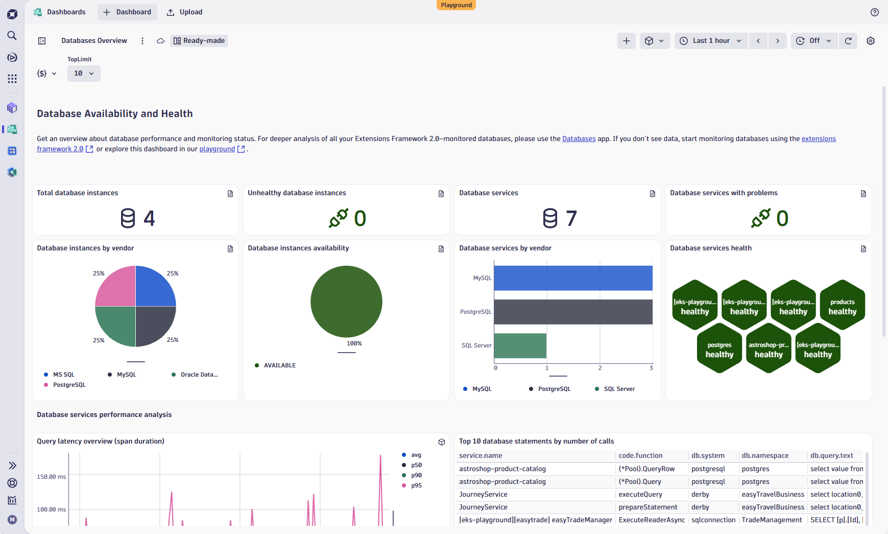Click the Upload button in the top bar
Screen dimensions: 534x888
[x=185, y=12]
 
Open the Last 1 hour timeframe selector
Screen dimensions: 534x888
[x=711, y=41]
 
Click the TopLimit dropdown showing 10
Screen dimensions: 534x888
[x=84, y=74]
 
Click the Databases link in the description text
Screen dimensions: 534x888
[x=579, y=138]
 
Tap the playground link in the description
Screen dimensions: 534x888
[x=217, y=149]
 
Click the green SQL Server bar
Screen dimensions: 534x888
[x=520, y=346]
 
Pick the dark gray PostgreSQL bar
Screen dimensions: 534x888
[x=573, y=312]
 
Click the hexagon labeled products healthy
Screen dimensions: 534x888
[x=842, y=306]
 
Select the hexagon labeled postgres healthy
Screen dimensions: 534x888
[x=719, y=349]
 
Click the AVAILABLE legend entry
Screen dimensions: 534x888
[x=279, y=365]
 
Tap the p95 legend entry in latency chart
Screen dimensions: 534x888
[x=416, y=485]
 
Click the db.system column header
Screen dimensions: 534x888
[x=708, y=456]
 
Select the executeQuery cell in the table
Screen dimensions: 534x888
[x=640, y=495]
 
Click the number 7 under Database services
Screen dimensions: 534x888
[x=571, y=219]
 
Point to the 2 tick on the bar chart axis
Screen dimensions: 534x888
[x=600, y=368]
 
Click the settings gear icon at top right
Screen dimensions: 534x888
[x=871, y=41]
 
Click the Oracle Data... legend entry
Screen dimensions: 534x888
[x=199, y=375]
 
